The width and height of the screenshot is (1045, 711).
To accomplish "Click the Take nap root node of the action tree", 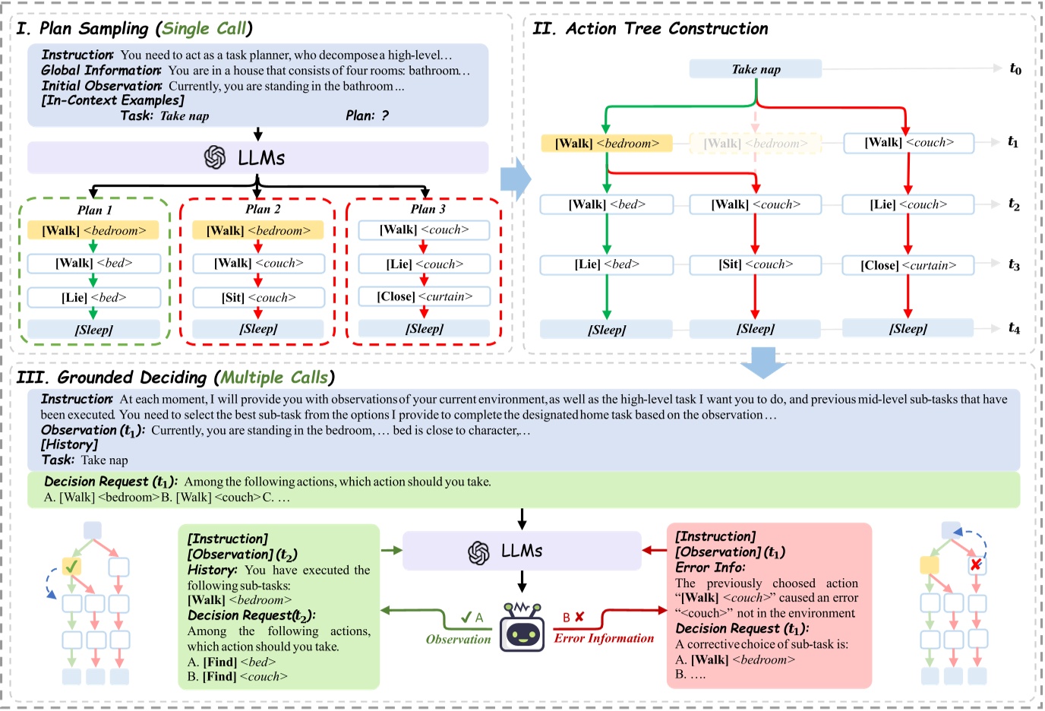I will tap(756, 69).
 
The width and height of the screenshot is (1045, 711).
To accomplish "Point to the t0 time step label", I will tap(1015, 69).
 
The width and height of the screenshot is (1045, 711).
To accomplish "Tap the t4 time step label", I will tap(1014, 328).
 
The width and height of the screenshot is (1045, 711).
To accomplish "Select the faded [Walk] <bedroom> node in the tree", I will tap(755, 143).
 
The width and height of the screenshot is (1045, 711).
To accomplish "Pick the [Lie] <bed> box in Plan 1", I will tap(94, 297).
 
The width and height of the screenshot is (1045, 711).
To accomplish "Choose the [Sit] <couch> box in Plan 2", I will tap(258, 297).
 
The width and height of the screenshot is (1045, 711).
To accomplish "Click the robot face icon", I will tap(522, 628).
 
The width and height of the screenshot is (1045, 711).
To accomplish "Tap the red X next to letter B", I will tap(579, 617).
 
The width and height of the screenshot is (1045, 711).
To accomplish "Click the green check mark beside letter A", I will tap(466, 618).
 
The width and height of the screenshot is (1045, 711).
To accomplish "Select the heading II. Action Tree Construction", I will tap(650, 29).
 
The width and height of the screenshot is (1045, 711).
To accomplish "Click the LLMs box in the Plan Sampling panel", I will tap(257, 158).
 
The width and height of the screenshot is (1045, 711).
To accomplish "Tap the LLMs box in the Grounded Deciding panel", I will tap(522, 551).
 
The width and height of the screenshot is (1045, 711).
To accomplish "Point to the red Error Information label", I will tap(604, 639).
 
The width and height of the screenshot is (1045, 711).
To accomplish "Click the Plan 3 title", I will tap(428, 209).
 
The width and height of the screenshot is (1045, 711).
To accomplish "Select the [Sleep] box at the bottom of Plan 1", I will tap(94, 330).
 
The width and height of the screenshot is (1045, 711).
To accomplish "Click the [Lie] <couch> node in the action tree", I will tap(908, 204).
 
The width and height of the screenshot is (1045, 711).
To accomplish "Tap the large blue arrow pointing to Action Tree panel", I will tap(516, 179).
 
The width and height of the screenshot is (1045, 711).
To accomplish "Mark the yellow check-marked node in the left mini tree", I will tap(71, 566).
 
